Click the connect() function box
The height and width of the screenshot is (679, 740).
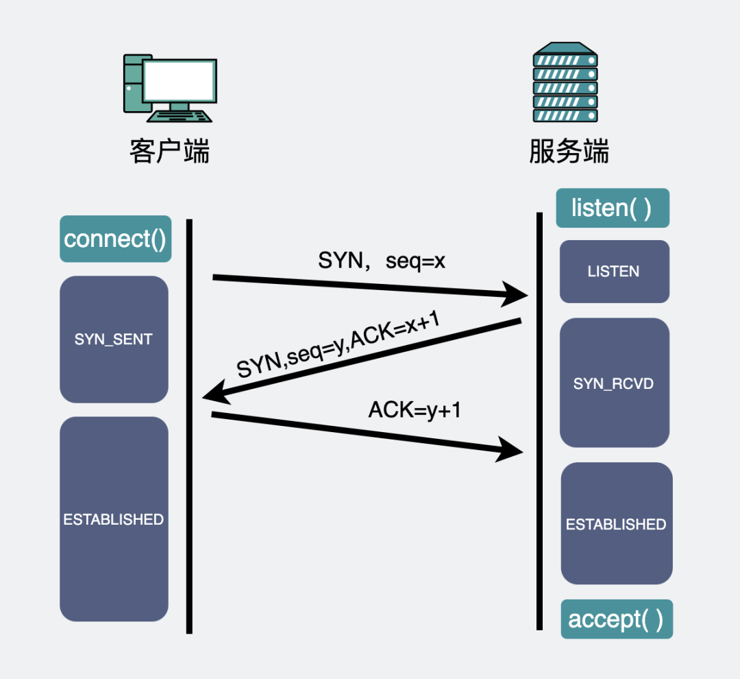[x=115, y=239]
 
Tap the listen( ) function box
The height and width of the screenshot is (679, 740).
[x=612, y=208]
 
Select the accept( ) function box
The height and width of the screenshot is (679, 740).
[x=616, y=619]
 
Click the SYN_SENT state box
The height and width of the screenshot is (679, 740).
[x=114, y=339]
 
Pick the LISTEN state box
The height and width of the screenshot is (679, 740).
[x=614, y=272]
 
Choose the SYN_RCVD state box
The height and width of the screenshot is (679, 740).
[x=614, y=383]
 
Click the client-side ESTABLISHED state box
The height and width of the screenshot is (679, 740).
[x=114, y=519]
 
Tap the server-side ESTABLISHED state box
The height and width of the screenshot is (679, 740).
[x=616, y=524]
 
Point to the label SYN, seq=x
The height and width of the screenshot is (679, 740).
[x=382, y=261]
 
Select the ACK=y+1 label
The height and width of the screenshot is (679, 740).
[x=415, y=409]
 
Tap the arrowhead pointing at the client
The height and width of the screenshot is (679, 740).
[x=215, y=394]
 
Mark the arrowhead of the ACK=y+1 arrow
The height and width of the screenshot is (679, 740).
[x=511, y=451]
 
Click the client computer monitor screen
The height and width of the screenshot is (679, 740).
[x=180, y=81]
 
